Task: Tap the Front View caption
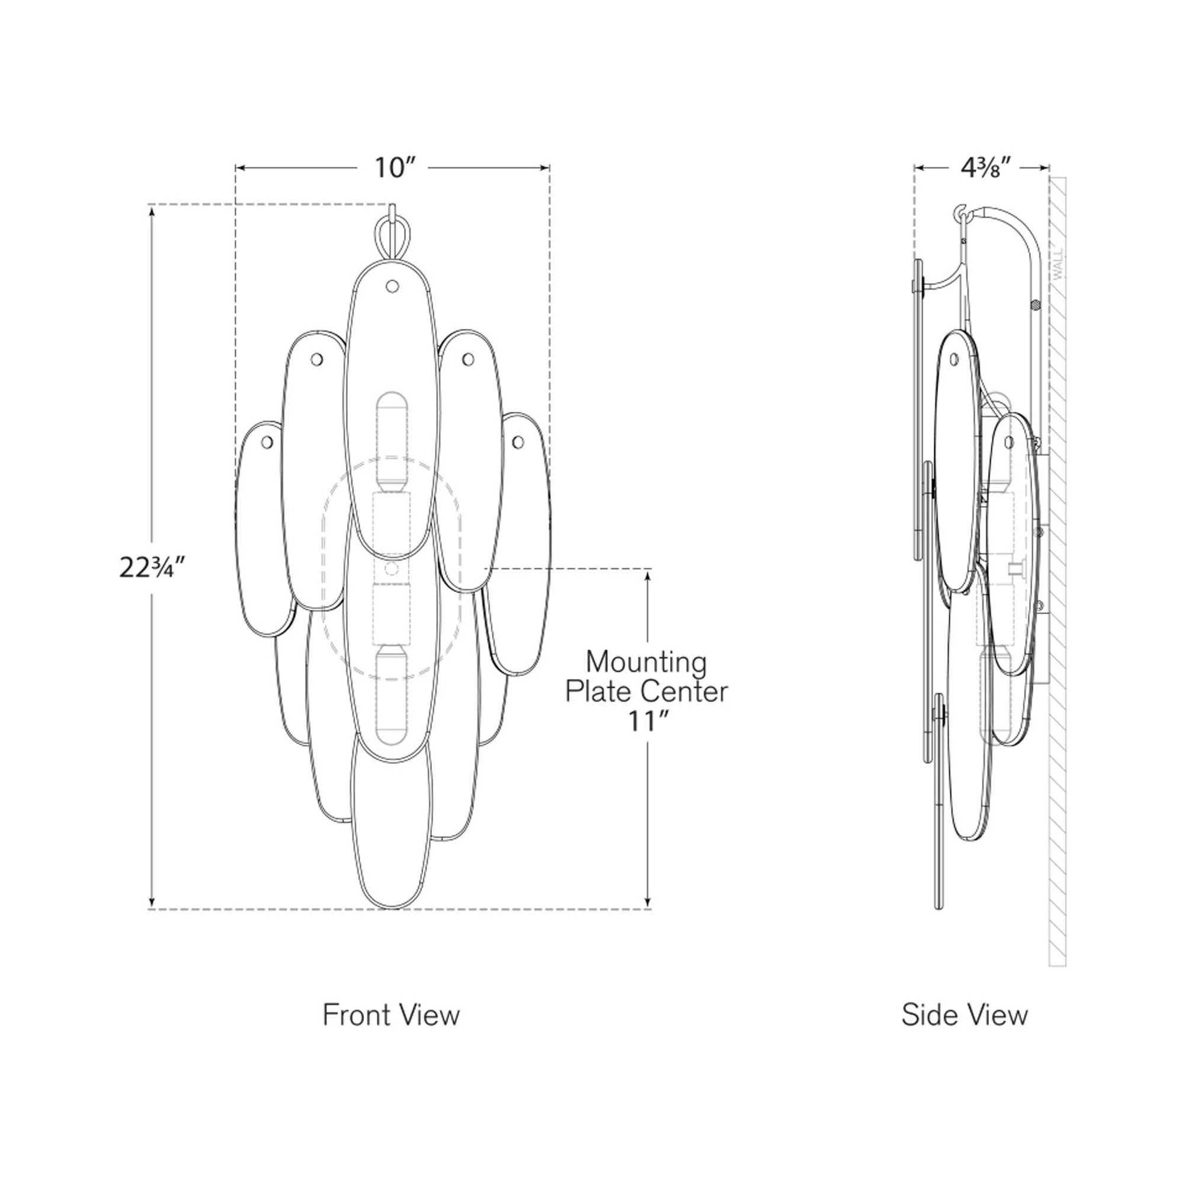click(391, 1015)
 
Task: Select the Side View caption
click(965, 1015)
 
